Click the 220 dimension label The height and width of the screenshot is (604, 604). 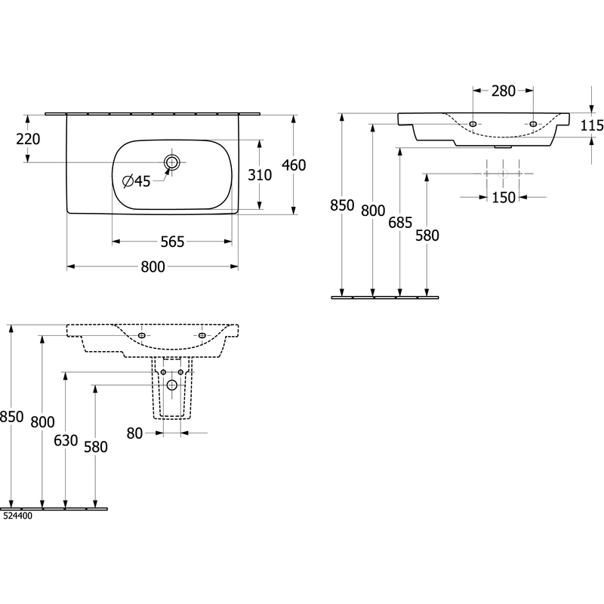point(28,139)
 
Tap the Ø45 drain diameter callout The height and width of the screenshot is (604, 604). point(137,181)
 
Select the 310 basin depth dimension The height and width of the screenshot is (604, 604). point(260,175)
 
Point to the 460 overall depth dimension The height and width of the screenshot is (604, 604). point(294,165)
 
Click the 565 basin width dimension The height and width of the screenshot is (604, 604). point(172,242)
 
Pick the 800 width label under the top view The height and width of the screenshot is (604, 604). point(153,267)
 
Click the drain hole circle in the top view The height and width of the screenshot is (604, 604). point(172,162)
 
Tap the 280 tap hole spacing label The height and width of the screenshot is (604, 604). point(503,91)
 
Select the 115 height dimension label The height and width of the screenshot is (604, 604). point(592,125)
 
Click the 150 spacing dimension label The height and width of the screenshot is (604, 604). point(504,198)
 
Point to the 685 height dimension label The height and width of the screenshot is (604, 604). point(400,223)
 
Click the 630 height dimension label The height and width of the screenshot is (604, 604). point(66,440)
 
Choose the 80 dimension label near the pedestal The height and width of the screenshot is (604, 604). point(134,433)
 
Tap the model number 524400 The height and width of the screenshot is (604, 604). point(17,516)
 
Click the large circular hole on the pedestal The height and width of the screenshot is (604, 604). point(172,384)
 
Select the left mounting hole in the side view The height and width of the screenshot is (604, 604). point(473,124)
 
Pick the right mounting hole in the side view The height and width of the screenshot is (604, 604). point(533,124)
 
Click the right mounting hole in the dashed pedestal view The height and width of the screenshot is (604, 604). point(202,335)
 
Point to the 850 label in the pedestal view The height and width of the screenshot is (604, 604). point(12,417)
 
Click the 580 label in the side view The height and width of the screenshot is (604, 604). point(427,236)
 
